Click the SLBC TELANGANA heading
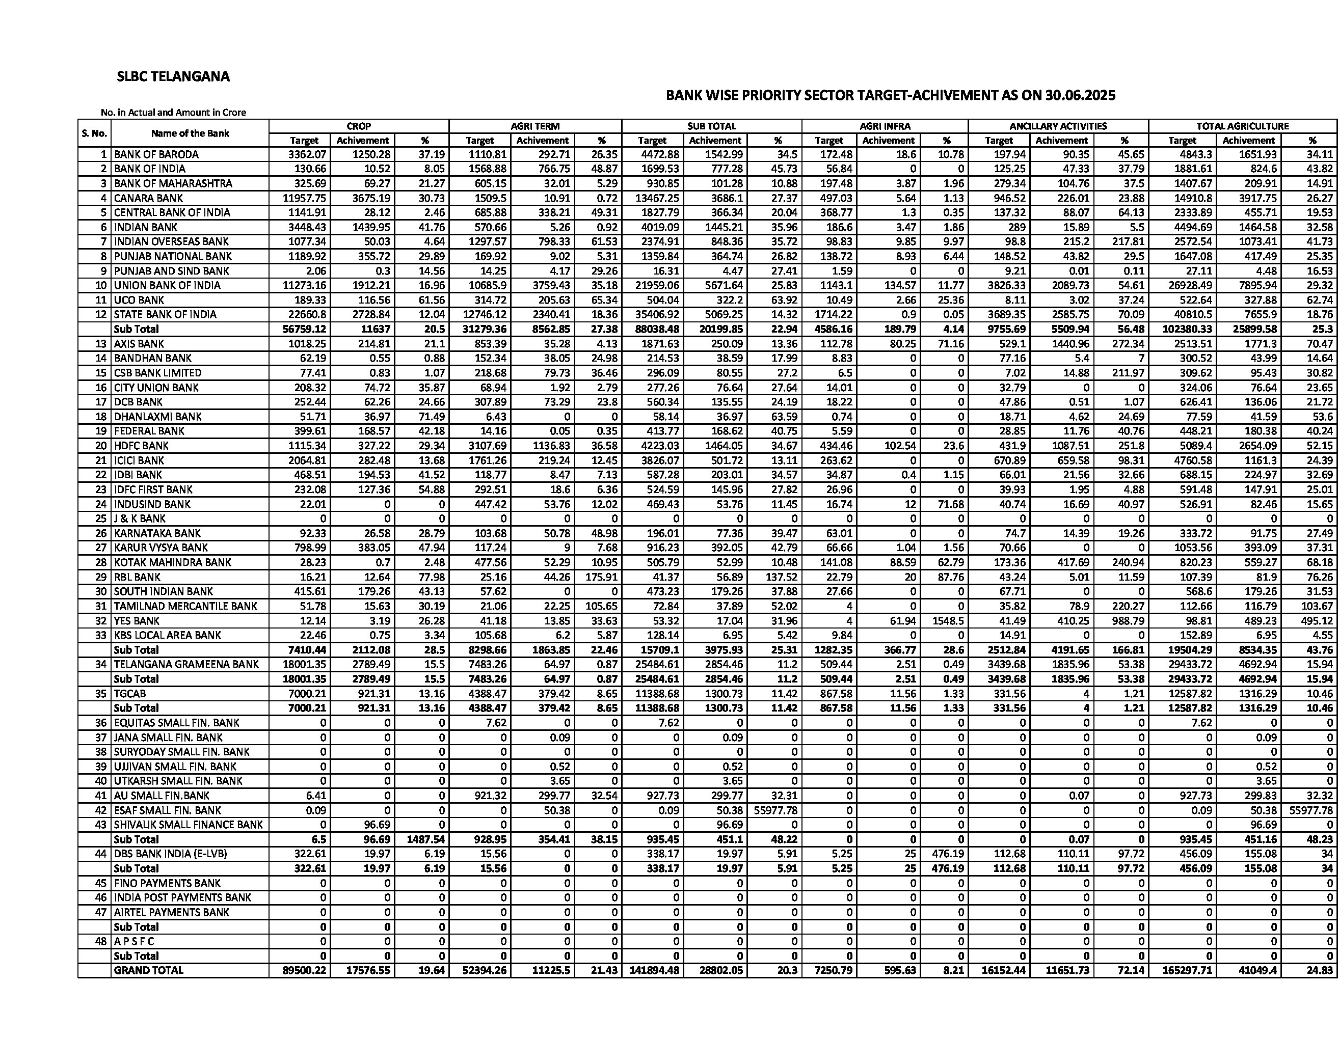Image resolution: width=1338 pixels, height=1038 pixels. tap(173, 76)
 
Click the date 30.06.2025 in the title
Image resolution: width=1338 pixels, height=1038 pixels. tap(1081, 96)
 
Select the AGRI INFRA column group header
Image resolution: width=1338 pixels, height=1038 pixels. tap(885, 126)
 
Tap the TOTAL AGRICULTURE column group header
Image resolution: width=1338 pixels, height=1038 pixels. tap(1242, 126)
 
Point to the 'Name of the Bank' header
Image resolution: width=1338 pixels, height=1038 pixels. tap(190, 133)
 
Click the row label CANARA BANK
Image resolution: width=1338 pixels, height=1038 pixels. tap(148, 198)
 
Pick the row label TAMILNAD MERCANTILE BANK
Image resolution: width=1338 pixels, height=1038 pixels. tap(185, 606)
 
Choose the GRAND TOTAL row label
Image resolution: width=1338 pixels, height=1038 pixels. tap(148, 970)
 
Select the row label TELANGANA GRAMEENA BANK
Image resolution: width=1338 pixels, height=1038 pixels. tap(186, 665)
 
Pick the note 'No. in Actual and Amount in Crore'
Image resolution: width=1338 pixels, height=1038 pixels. tap(173, 113)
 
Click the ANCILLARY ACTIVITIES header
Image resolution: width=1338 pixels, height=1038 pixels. tap(1058, 126)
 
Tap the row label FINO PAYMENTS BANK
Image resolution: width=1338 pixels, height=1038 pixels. tap(167, 883)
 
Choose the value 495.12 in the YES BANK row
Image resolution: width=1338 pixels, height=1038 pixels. tap(1317, 620)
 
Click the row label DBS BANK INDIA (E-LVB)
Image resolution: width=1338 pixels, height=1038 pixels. tap(170, 854)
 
